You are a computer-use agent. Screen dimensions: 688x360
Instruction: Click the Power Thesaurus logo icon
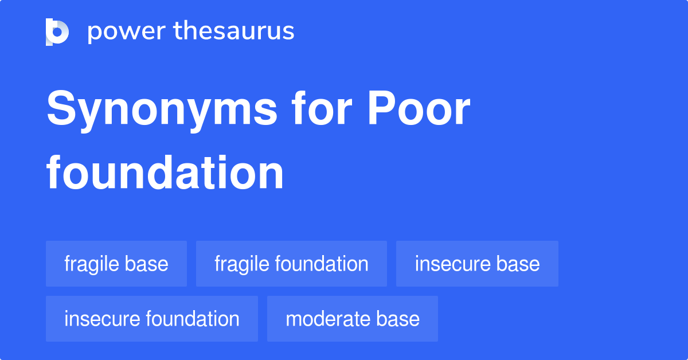tap(57, 32)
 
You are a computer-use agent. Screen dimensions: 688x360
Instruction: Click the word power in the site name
tap(127, 32)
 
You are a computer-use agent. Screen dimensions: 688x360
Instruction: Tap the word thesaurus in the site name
tap(234, 30)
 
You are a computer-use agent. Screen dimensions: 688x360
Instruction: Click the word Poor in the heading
tap(419, 108)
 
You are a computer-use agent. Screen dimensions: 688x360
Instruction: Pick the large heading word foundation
tap(165, 173)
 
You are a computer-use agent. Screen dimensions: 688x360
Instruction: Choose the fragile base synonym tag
tap(116, 264)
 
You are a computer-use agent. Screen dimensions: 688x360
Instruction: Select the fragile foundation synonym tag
tap(291, 264)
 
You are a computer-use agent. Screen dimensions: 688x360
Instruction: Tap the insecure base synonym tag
tap(477, 264)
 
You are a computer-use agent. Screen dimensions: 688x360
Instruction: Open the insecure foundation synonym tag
tap(152, 319)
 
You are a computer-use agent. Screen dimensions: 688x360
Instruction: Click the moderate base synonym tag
tap(353, 319)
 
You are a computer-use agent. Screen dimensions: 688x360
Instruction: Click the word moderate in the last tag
tap(327, 319)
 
